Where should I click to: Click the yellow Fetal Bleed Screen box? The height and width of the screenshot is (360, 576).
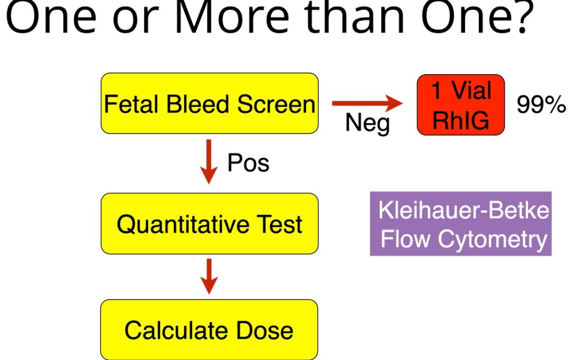coord(210,103)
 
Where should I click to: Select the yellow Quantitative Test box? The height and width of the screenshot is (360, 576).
coord(210,223)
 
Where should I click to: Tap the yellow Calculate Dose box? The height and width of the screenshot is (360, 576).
coord(209,330)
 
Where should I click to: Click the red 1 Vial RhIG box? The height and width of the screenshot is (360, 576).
coord(461,105)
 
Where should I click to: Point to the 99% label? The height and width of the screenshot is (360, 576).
coord(541,105)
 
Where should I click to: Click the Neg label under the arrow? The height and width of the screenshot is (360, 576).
coord(367,123)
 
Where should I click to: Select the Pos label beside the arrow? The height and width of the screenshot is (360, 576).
coord(249,163)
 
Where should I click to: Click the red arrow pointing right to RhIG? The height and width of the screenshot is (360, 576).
coord(367,103)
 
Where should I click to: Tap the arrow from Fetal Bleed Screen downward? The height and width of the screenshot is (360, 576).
coord(209,162)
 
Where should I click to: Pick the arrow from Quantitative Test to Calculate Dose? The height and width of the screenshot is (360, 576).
coord(209,277)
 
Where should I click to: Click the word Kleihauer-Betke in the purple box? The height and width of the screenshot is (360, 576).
coord(463,211)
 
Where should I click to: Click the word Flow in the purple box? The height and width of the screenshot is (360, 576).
coord(405,239)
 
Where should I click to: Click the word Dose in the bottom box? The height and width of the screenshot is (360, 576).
coord(265,330)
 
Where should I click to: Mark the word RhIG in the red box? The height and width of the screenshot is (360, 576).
coord(461,120)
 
